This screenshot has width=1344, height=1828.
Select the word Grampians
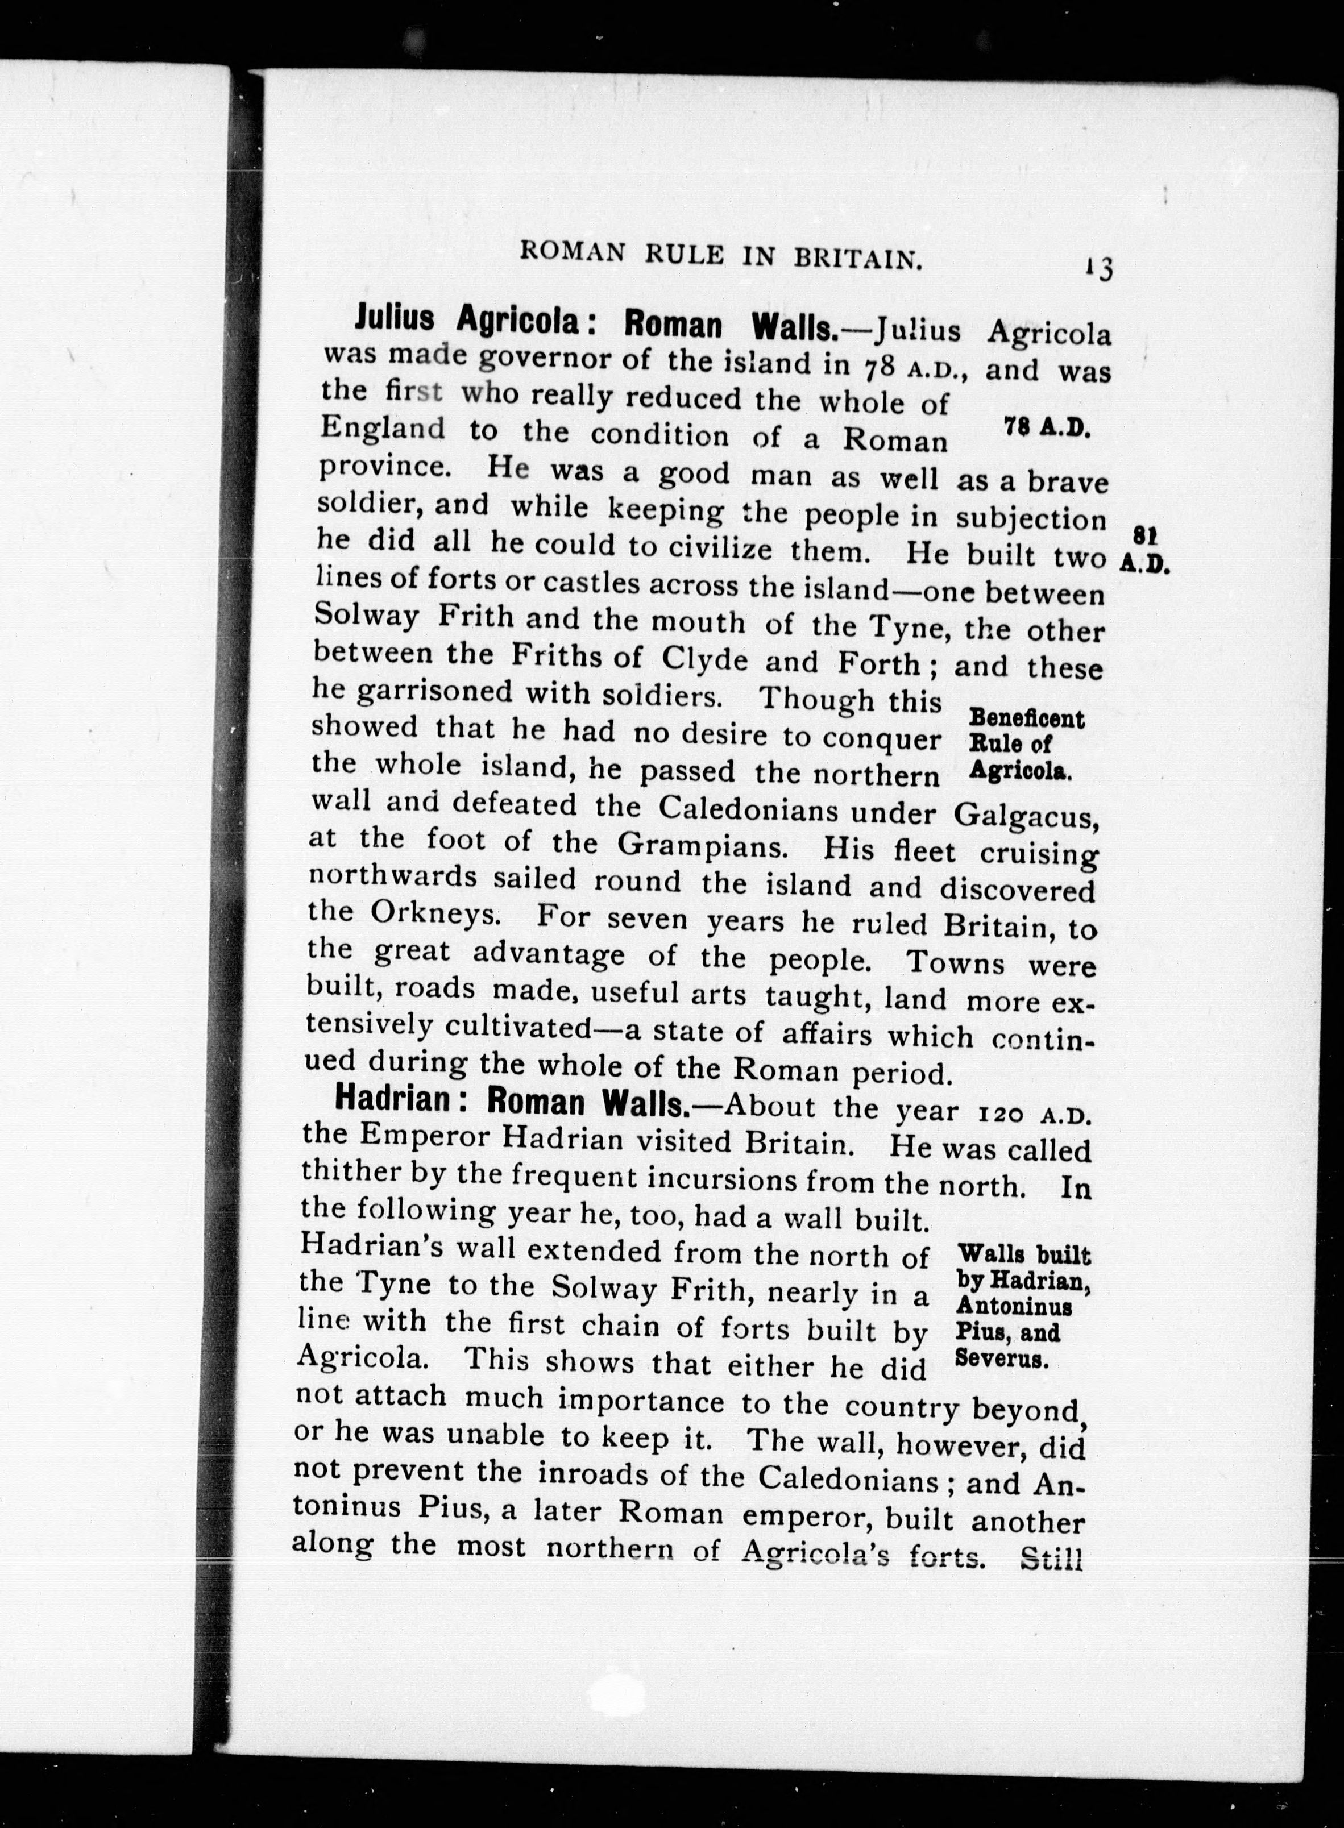pyautogui.click(x=702, y=846)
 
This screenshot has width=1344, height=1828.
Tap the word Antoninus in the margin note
pyautogui.click(x=1014, y=1307)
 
